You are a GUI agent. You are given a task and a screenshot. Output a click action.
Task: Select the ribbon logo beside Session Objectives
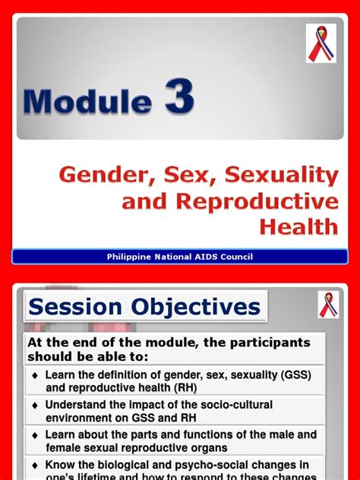[328, 305]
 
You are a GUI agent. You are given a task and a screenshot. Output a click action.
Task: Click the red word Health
[298, 226]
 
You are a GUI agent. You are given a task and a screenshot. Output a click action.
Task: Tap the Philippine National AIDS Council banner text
[180, 257]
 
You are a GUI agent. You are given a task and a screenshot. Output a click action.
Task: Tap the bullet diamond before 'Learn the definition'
[35, 376]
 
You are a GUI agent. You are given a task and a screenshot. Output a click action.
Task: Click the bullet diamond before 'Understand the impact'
[35, 406]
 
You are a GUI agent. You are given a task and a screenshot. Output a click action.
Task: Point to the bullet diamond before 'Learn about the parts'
[35, 436]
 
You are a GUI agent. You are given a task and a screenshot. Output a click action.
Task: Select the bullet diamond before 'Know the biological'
[35, 465]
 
